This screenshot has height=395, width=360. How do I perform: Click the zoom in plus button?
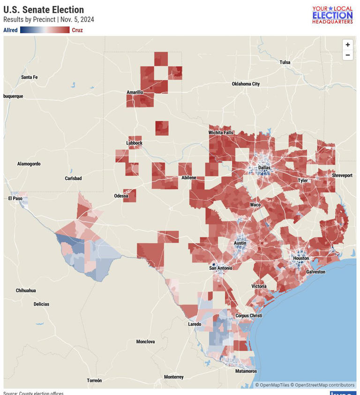pos(347,45)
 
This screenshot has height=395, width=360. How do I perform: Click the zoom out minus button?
pos(347,55)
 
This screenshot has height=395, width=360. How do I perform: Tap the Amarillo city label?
pos(135,92)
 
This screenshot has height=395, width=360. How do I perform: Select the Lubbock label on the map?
pos(134,143)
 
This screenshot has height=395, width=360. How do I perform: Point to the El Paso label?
pos(15,198)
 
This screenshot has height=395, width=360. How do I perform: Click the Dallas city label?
pos(264,167)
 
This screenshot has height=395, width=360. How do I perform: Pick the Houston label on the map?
pos(301,258)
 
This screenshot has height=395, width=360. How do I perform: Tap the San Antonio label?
pos(220,268)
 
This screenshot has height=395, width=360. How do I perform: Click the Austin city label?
pos(240,243)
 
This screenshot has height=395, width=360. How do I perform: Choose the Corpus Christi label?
pos(249,316)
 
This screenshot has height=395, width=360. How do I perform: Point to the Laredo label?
pos(195,324)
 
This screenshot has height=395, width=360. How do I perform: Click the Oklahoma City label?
pos(246,84)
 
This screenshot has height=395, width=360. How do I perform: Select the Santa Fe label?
pos(29,77)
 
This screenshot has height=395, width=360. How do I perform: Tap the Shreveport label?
pos(342,175)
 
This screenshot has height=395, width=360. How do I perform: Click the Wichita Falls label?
pos(221,133)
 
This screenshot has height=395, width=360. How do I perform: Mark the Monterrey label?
pos(174,377)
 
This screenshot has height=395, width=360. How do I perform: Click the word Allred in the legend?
pos(10,30)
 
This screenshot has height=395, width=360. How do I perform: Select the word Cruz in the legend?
pos(77,30)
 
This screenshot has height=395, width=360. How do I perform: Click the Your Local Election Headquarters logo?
pos(332,15)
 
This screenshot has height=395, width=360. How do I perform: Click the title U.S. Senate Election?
pos(44,10)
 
